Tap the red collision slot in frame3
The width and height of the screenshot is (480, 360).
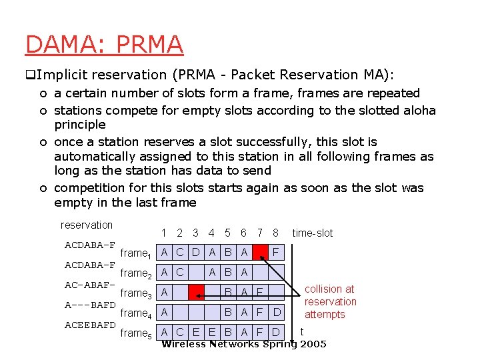pos(196,292)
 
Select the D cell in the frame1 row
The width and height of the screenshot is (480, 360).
pos(196,253)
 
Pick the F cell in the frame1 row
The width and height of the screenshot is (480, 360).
pos(277,253)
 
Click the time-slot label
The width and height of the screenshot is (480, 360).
pos(312,233)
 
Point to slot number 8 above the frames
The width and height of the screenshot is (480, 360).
pos(275,233)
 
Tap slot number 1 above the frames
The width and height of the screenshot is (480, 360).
pos(164,233)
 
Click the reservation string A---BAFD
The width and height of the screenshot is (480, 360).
pos(90,305)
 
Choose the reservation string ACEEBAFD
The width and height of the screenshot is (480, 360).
pos(90,325)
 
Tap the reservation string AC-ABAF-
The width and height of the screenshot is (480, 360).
pos(90,285)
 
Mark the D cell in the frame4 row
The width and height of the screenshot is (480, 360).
pos(277,312)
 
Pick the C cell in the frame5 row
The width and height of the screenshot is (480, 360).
pos(180,332)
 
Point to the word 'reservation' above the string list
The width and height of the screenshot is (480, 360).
pos(87,225)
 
